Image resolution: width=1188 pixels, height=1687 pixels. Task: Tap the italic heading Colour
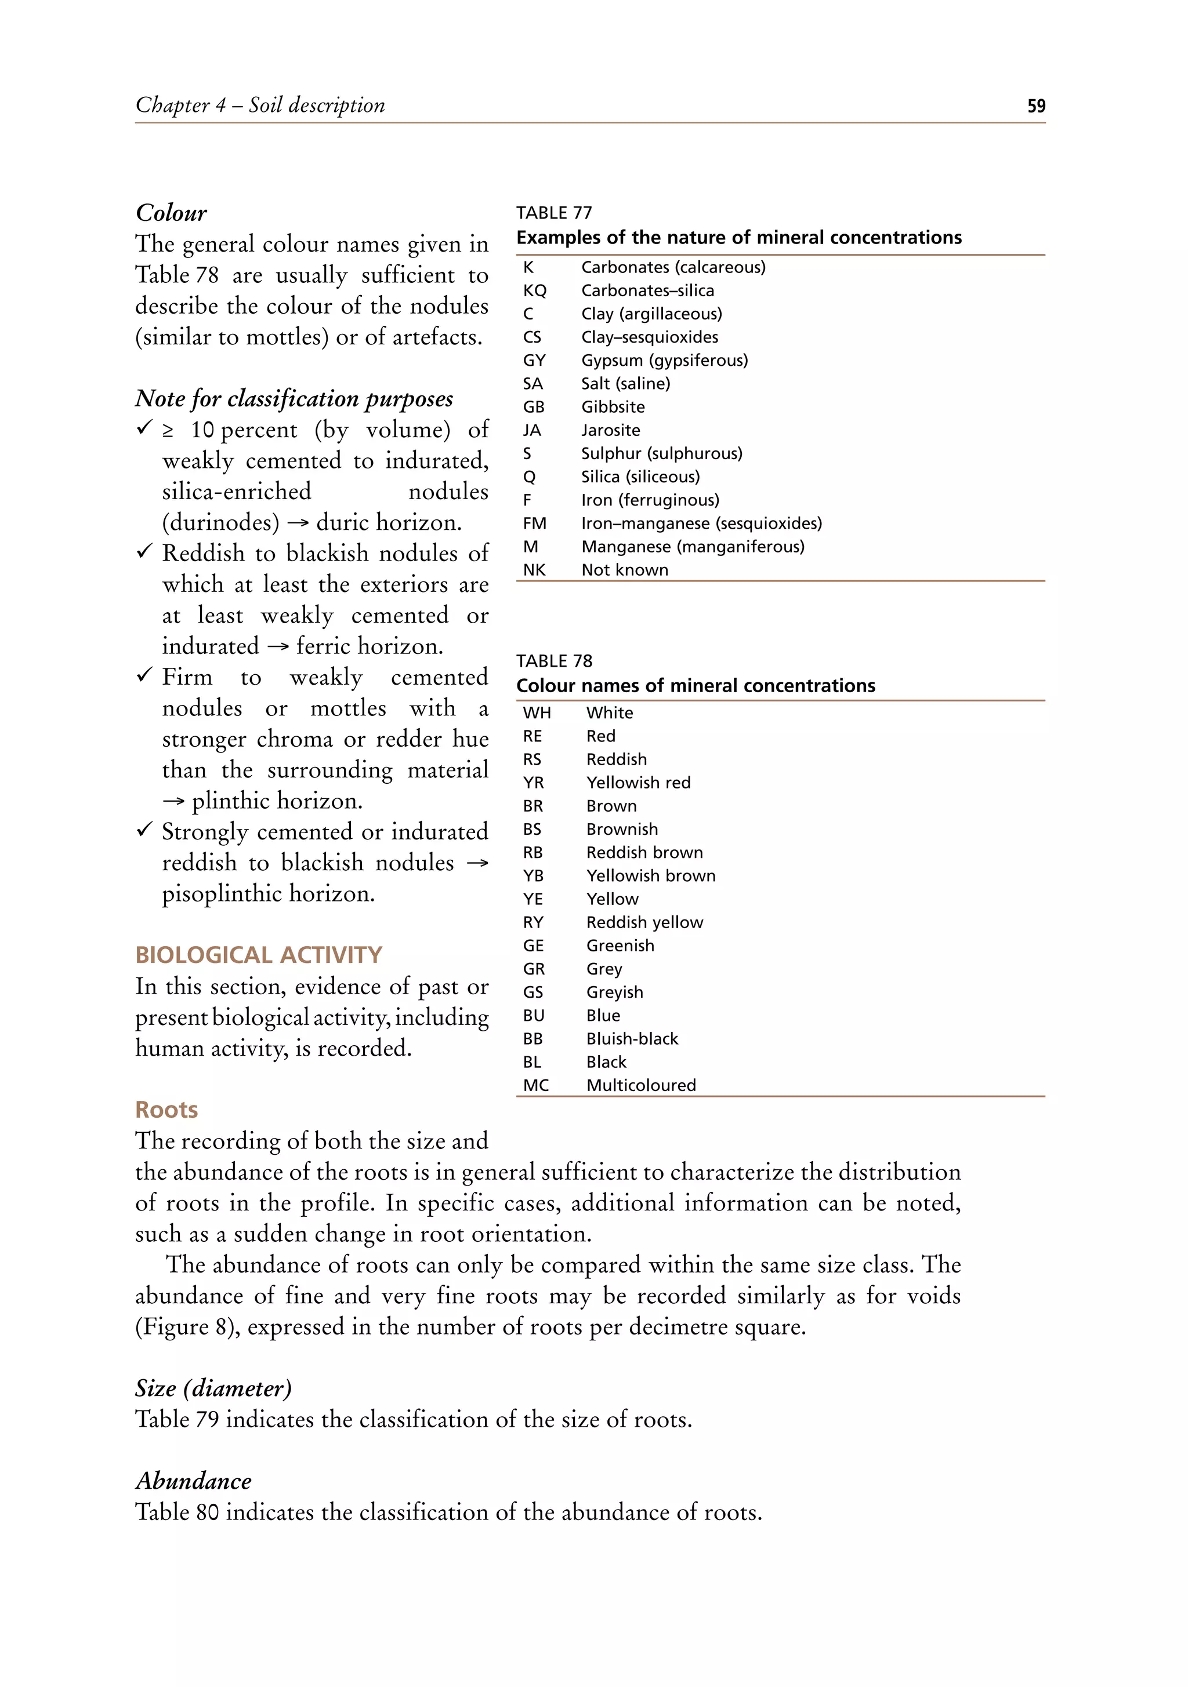[171, 213]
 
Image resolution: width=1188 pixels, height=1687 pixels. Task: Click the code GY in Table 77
[534, 360]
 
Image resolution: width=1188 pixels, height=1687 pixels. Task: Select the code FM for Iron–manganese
[534, 523]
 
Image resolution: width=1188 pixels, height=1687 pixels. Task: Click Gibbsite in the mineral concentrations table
[613, 406]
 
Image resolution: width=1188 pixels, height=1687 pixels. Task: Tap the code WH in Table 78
[536, 712]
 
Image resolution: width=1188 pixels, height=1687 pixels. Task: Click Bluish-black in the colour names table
[632, 1038]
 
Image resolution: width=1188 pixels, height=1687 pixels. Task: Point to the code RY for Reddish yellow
[533, 922]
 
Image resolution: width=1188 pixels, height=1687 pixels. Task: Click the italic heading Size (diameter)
[213, 1388]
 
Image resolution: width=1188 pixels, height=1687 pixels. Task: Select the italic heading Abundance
[193, 1481]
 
